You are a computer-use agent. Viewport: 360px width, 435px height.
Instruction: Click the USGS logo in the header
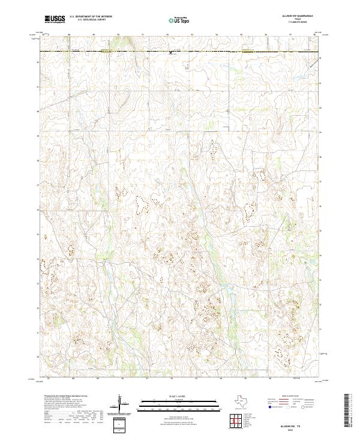coord(55,20)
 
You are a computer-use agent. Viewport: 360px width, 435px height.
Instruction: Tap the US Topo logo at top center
coord(180,20)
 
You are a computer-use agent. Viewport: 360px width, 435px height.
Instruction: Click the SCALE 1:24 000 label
coord(180,397)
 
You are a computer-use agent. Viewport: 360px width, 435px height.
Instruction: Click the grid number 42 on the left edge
coord(38,62)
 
